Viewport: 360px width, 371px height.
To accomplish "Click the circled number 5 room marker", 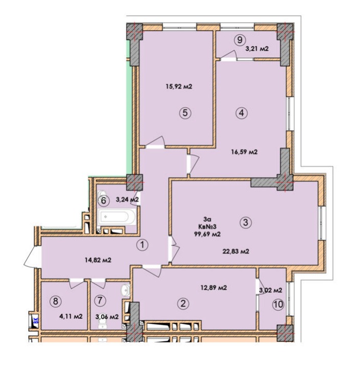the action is point(185,113).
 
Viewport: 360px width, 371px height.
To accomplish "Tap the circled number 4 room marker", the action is point(242,113).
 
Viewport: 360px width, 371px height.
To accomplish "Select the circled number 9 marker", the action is point(239,40).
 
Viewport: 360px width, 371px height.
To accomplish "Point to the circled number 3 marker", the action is point(246,222).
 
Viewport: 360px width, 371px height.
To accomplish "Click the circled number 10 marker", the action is point(278,304).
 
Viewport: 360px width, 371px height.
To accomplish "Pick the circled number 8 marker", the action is point(55,301).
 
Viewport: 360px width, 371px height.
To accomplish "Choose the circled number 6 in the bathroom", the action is point(103,201).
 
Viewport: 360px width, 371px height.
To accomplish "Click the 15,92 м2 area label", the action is point(179,86).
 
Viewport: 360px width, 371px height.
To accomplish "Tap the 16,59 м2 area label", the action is point(245,152).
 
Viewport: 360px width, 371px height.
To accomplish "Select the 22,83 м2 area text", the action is point(236,251).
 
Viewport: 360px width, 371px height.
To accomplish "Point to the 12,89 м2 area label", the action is point(213,288).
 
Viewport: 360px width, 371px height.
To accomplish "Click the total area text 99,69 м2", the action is point(207,234).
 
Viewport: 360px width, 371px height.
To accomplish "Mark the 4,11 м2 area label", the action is point(71,316).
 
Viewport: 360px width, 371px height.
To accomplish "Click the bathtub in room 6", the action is point(117,216).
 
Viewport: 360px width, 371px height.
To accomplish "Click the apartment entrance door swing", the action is point(32,257).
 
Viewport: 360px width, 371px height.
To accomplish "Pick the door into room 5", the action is point(155,143).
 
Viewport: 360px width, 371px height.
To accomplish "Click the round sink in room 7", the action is point(126,290).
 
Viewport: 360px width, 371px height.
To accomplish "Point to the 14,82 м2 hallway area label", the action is point(98,260).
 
